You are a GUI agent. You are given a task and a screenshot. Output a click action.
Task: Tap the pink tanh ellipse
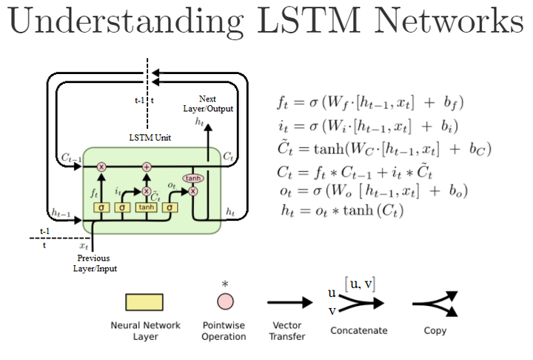click(193, 179)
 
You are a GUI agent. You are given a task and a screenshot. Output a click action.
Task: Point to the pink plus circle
click(147, 167)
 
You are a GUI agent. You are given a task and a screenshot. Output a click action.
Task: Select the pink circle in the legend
click(224, 301)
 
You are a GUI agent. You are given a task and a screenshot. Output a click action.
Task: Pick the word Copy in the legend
click(435, 330)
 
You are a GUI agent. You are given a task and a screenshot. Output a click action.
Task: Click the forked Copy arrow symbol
click(435, 303)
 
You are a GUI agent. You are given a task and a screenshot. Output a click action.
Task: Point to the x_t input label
click(84, 245)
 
